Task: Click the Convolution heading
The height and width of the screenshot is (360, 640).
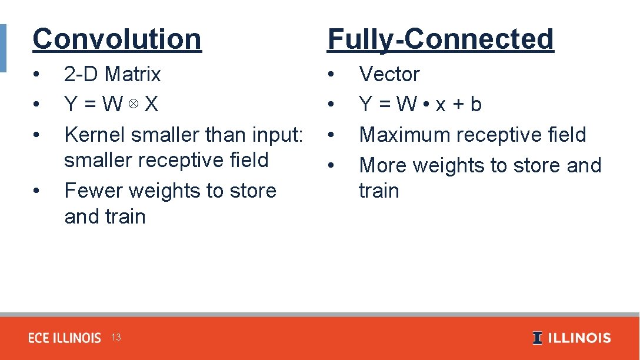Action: pyautogui.click(x=117, y=39)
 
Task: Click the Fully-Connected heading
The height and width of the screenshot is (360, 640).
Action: pyautogui.click(x=441, y=39)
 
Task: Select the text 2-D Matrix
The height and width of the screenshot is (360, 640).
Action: pyautogui.click(x=112, y=74)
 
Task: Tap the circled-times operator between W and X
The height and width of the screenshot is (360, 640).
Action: pyautogui.click(x=134, y=104)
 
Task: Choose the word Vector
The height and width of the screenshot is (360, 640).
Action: pyautogui.click(x=389, y=74)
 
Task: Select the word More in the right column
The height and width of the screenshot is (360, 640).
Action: pyautogui.click(x=383, y=165)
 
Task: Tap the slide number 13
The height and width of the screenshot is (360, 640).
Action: pyautogui.click(x=116, y=338)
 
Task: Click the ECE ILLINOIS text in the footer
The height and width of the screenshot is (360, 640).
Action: pyautogui.click(x=65, y=338)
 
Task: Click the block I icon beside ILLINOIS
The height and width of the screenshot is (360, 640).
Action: pyautogui.click(x=537, y=338)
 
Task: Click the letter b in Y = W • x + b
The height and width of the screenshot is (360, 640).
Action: pyautogui.click(x=476, y=104)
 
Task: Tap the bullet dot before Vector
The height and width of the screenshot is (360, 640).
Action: pyautogui.click(x=332, y=75)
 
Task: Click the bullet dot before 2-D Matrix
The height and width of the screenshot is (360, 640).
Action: pyautogui.click(x=36, y=75)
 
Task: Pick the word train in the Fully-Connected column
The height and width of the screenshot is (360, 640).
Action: pyautogui.click(x=379, y=191)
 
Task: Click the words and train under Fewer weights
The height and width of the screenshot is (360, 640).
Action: pyautogui.click(x=105, y=216)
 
